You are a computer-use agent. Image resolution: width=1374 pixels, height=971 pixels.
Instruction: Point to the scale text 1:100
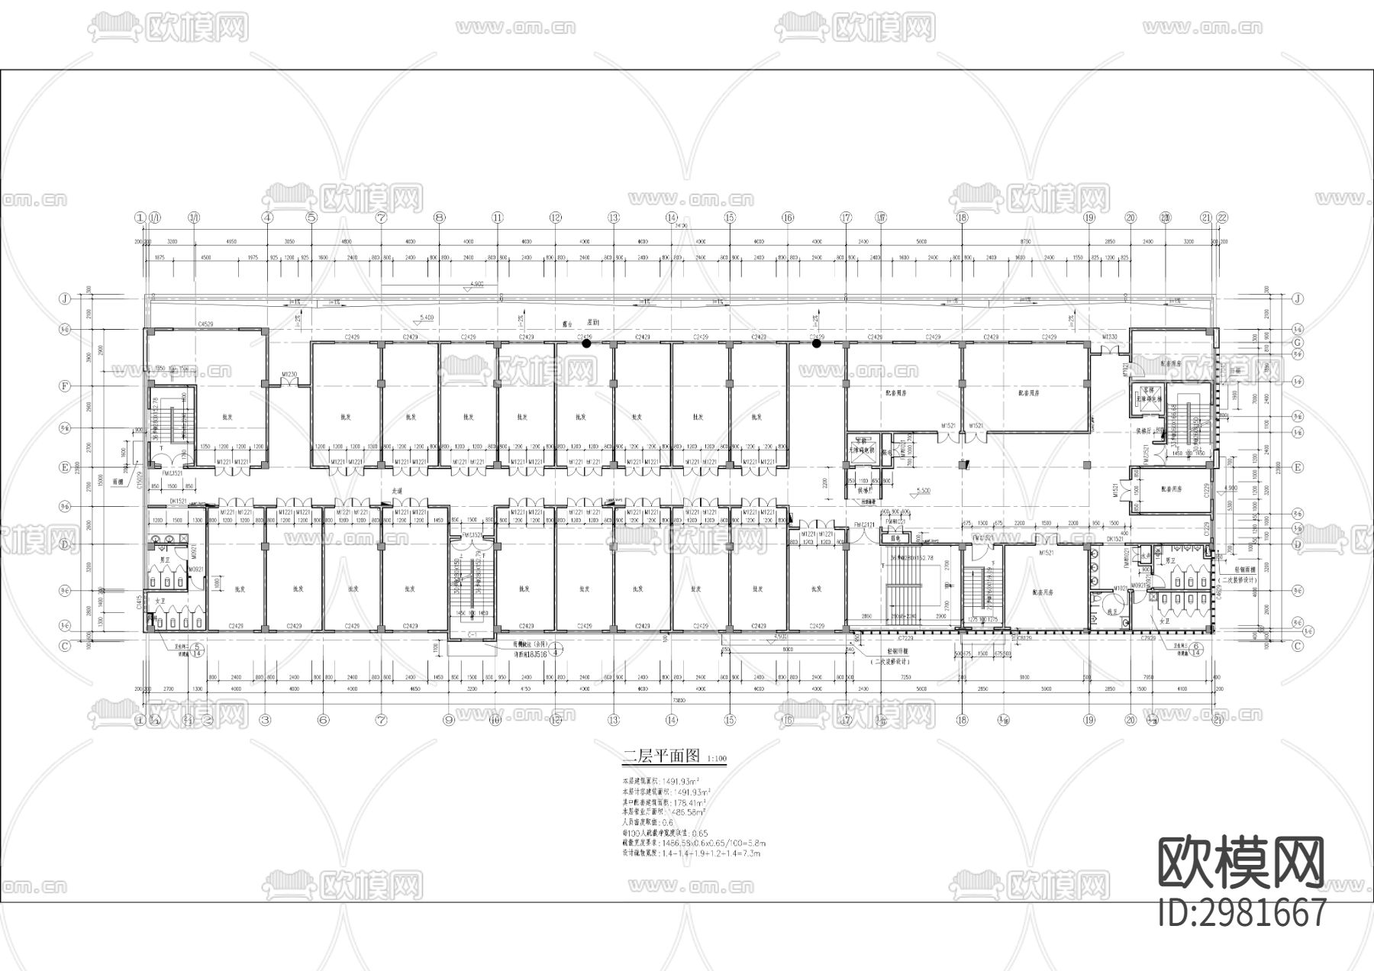point(718,760)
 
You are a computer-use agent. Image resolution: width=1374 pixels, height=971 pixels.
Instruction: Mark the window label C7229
point(906,637)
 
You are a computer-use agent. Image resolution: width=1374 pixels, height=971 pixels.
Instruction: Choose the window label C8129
point(1024,637)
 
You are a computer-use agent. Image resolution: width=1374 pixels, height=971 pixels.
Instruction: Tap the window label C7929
point(1147,637)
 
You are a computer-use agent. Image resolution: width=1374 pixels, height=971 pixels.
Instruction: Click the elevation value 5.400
point(427,317)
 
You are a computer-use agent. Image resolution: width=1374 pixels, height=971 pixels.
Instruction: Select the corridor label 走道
point(397,491)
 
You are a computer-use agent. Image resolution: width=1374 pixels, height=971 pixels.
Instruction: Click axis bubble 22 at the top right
point(1222,218)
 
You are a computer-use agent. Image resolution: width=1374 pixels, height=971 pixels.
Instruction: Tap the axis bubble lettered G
point(1297,343)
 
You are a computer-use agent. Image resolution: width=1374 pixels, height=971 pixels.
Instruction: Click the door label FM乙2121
point(864,524)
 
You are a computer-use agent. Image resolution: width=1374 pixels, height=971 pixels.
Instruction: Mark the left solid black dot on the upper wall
point(586,344)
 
